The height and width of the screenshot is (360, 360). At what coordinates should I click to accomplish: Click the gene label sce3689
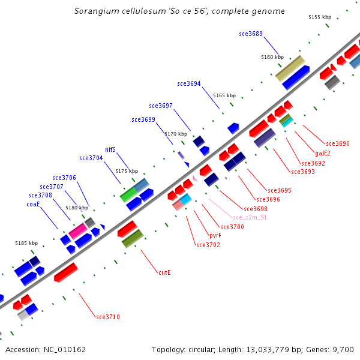[x=250, y=34]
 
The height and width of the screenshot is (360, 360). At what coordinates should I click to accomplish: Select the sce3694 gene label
[x=189, y=83]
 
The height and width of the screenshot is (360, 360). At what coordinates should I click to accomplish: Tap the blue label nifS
[x=110, y=149]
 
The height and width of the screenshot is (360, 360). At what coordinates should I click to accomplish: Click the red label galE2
[x=323, y=153]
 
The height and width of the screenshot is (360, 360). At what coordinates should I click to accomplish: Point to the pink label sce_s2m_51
[x=250, y=217]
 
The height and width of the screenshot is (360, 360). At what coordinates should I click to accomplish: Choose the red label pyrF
[x=215, y=236]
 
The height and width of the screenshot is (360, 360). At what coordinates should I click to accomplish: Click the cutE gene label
[x=164, y=272]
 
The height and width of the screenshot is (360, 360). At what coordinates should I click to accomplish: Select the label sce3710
[x=108, y=317]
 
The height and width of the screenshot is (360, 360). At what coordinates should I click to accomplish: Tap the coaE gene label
[x=33, y=204]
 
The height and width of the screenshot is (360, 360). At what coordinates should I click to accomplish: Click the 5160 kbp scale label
[x=272, y=57]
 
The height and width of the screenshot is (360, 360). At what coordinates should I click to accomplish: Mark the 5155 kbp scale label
[x=320, y=17]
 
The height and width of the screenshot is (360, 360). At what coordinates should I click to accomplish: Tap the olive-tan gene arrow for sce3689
[x=290, y=68]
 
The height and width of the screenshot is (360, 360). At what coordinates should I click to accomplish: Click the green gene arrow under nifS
[x=128, y=194]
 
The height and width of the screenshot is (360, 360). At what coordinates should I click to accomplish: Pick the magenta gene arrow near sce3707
[x=77, y=230]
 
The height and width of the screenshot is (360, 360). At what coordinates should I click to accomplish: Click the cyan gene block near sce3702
[x=185, y=199]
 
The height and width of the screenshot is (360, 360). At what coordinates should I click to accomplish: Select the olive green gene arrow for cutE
[x=132, y=238]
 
